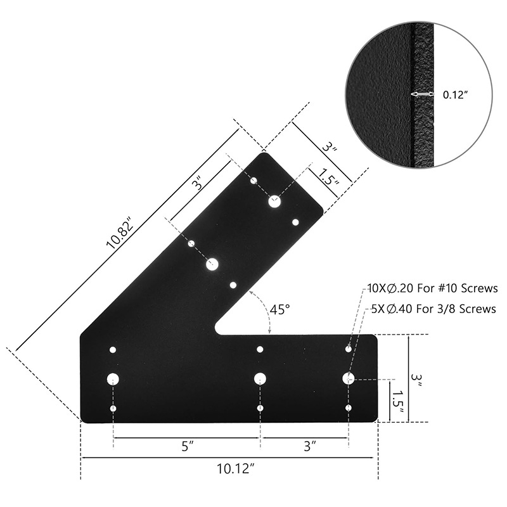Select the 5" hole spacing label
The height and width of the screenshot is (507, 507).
pos(186,446)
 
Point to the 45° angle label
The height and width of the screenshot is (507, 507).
pos(279,309)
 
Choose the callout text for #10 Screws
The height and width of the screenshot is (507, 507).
pos(433,288)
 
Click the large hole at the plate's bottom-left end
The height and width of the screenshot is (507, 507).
pos(113,379)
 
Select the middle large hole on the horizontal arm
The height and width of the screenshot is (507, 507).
pos(260,378)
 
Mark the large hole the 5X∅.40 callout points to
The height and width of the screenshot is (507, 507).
pos(348,378)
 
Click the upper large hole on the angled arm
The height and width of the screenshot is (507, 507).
pos(274,202)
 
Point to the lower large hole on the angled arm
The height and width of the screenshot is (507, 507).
pos(212,264)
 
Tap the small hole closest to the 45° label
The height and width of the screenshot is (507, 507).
pos(233,285)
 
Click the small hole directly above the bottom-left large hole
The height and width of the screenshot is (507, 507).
pos(113,350)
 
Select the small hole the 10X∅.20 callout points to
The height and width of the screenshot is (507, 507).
pos(349,349)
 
